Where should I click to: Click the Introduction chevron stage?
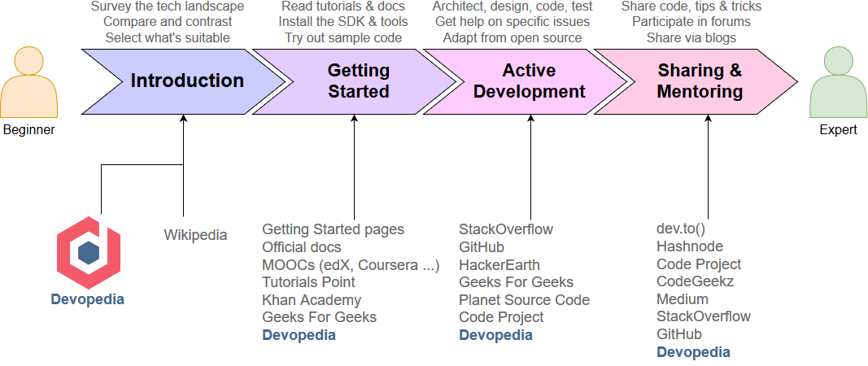[186, 81]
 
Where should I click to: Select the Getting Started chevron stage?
[358, 81]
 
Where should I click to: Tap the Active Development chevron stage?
[529, 81]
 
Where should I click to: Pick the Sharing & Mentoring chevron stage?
[700, 81]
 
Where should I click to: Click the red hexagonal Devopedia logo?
[88, 251]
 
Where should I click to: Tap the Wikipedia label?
[195, 235]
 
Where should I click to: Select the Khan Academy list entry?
[312, 300]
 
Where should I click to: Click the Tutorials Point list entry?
[308, 282]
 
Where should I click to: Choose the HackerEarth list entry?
[499, 264]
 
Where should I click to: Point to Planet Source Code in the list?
[524, 300]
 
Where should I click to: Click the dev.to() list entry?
[681, 229]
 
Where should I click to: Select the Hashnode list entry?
[690, 246]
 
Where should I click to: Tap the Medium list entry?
[683, 298]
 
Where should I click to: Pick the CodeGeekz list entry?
[696, 281]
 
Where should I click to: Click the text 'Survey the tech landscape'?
[168, 7]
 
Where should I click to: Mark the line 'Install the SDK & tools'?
[342, 22]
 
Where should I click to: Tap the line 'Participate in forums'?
[691, 22]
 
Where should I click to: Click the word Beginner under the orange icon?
[28, 129]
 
